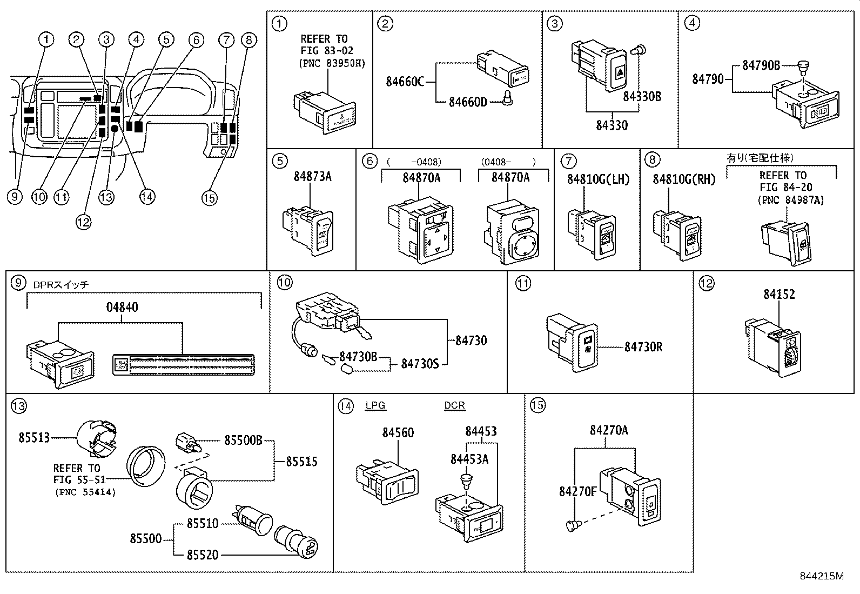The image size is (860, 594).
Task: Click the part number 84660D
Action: pos(468,102)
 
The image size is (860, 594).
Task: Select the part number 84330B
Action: pos(642,97)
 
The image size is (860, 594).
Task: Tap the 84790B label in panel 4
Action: pos(761,65)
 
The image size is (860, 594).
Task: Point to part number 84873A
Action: pos(312,176)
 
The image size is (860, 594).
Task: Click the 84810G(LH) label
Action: pos(598,179)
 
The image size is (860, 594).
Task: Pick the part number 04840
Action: pos(122,308)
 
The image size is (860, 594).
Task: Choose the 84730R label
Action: pos(643,347)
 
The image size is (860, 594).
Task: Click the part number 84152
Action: pos(779,295)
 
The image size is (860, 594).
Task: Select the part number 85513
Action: pos(34,438)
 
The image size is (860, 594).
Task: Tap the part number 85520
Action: pos(203,555)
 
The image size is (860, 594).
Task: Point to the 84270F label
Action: pos(577,491)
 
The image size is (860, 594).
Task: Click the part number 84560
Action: pos(398,433)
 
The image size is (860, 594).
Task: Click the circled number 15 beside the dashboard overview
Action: pos(210,198)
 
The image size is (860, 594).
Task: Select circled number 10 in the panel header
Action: pos(284,282)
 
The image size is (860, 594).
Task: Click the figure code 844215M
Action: pos(821,576)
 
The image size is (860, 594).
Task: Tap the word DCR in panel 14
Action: pos(454,406)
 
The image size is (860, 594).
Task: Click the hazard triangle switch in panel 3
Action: pos(617,69)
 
